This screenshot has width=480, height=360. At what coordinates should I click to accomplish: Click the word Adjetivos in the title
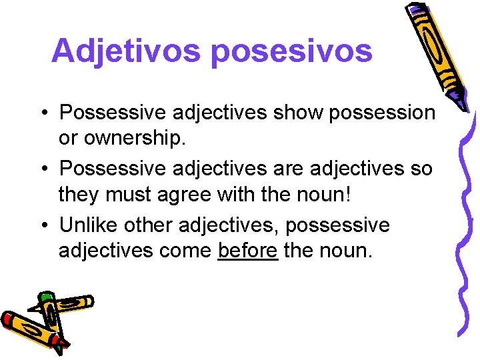(x=125, y=51)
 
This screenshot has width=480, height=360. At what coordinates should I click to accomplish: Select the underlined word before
(x=247, y=251)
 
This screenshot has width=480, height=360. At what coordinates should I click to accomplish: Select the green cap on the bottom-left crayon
(x=45, y=297)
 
